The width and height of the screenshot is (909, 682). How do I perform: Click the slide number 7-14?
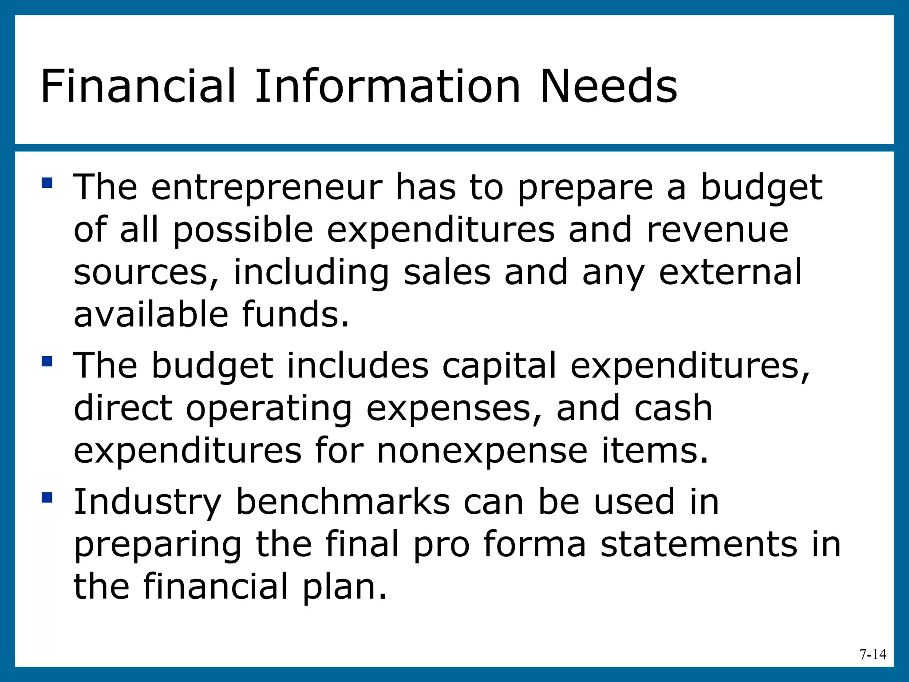click(873, 654)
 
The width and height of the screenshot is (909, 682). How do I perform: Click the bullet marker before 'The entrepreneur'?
click(47, 183)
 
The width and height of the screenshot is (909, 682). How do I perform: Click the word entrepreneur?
click(266, 188)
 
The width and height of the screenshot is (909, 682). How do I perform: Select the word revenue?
click(717, 231)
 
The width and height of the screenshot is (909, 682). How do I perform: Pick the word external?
click(731, 272)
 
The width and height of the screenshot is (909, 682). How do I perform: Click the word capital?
click(499, 365)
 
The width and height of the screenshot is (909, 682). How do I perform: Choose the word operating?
click(269, 409)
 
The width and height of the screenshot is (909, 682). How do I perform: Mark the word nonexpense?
click(482, 451)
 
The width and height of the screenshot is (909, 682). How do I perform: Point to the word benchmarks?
click(343, 502)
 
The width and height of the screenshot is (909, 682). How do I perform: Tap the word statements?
click(699, 544)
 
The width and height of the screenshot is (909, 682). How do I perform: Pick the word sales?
click(447, 272)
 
